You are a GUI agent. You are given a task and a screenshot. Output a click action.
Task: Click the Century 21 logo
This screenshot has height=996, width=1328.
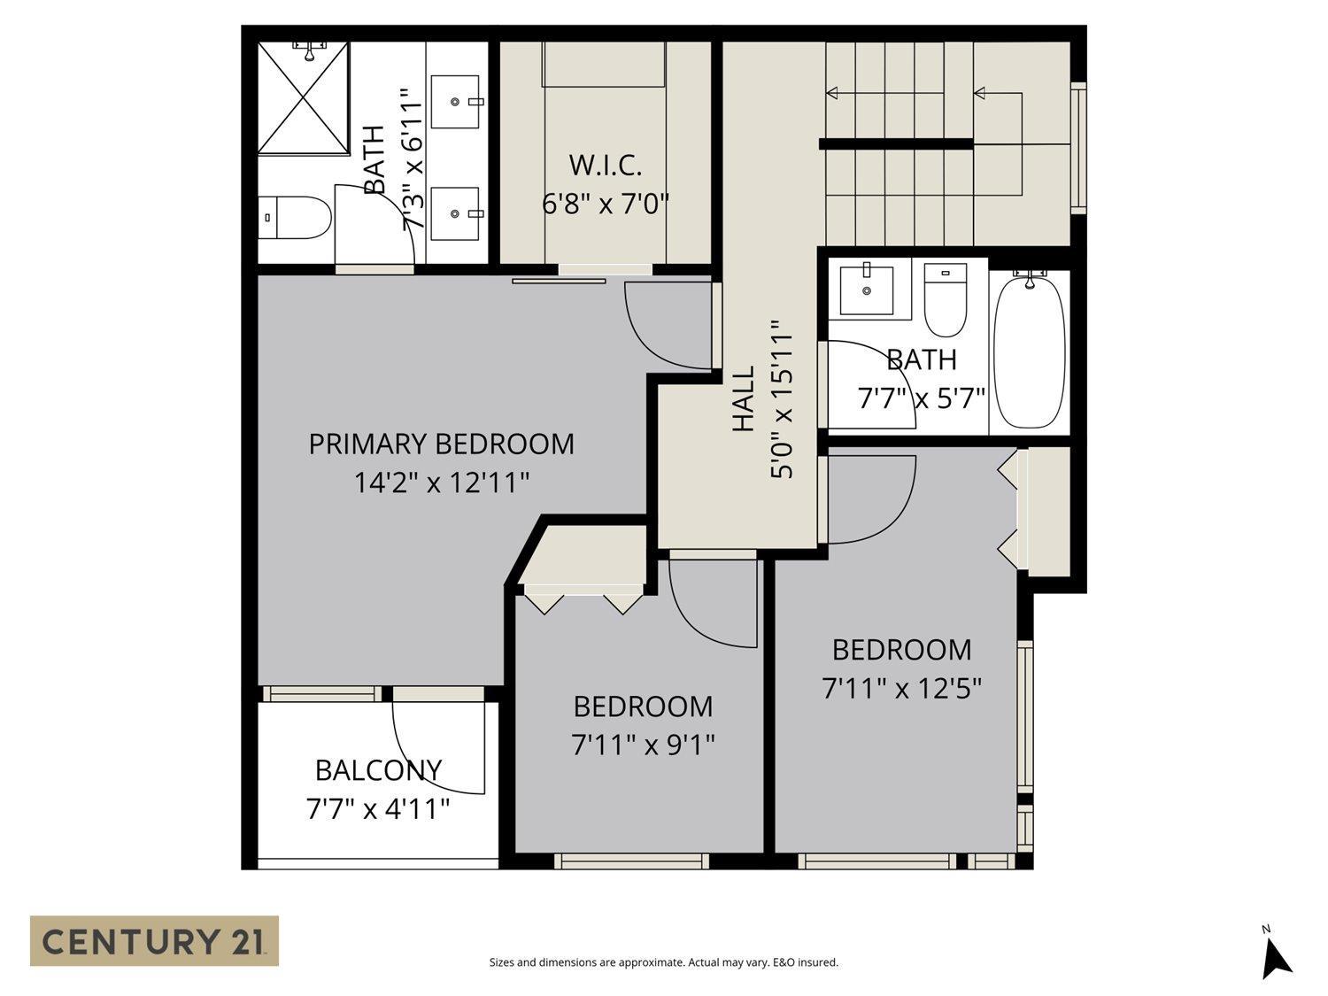154,940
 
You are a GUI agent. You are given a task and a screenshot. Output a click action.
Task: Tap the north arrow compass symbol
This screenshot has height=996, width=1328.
1275,956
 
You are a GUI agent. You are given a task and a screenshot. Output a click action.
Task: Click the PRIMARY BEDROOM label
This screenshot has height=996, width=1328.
441,444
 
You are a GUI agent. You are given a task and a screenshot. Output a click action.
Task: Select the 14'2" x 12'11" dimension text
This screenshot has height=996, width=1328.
441,483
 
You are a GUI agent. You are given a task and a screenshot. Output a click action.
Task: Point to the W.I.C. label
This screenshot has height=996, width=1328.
605,166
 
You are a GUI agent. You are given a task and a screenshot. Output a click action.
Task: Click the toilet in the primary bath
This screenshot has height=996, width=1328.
297,218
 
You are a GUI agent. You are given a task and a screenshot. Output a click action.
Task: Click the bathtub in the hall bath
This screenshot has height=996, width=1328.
1030,354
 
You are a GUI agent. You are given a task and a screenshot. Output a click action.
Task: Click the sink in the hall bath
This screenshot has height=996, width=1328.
867,288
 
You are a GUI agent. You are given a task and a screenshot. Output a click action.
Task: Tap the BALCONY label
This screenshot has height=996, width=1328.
378,770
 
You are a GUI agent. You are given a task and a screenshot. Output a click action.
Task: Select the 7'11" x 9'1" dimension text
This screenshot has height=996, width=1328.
643,745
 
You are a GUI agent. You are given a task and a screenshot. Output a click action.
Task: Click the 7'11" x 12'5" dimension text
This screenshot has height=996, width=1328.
902,688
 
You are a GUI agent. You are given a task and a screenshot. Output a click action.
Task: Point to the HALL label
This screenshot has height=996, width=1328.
744,399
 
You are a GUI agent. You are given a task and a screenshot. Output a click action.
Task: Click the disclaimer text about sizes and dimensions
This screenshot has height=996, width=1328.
663,962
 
